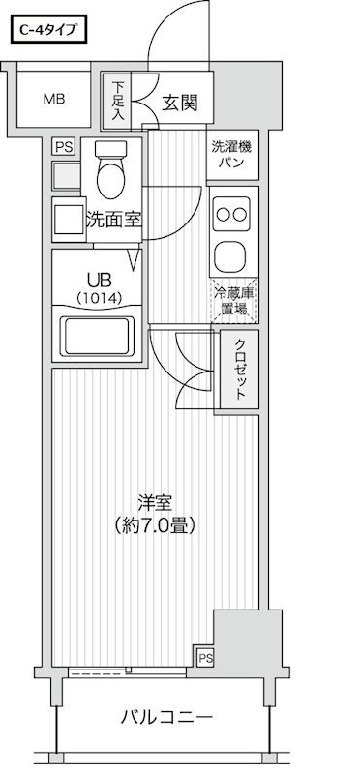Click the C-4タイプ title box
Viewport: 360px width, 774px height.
pyautogui.click(x=49, y=31)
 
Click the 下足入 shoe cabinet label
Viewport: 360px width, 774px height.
pyautogui.click(x=117, y=101)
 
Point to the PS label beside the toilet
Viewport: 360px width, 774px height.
pyautogui.click(x=64, y=147)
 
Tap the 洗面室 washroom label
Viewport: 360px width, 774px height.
pyautogui.click(x=113, y=220)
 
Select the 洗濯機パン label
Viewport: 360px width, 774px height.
pyautogui.click(x=232, y=155)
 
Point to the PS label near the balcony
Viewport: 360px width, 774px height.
pyautogui.click(x=205, y=658)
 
